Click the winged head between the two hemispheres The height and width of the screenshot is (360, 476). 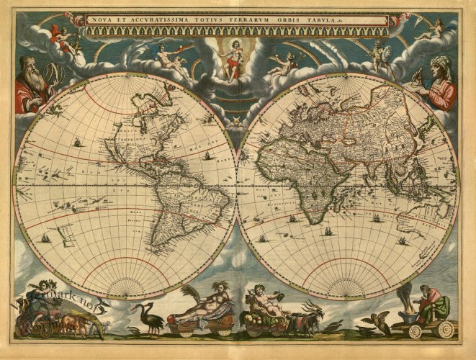coord(237,123)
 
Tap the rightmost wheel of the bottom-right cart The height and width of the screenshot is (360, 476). coord(446,330)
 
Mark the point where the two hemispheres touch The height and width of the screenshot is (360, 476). coord(237,186)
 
